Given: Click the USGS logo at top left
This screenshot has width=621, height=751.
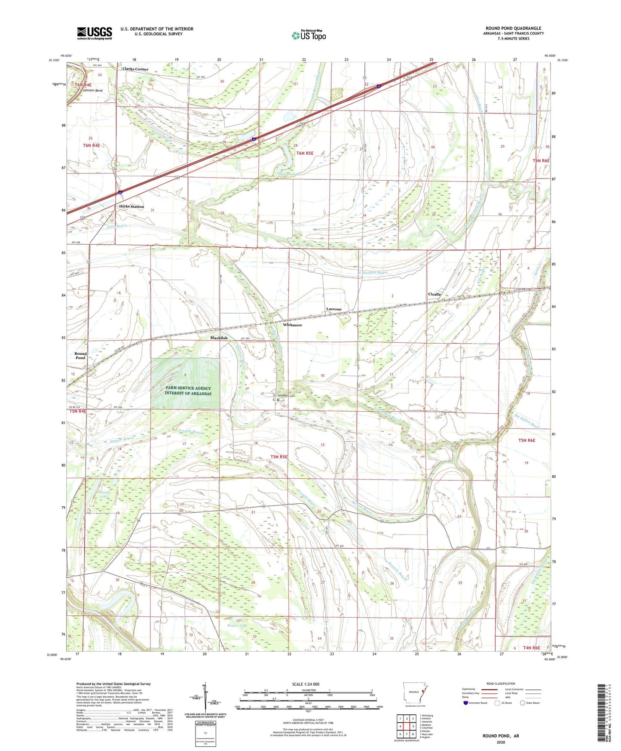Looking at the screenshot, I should (95, 33).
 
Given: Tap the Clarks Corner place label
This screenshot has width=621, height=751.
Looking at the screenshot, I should (135, 69).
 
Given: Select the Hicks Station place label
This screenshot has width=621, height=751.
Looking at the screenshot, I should (132, 206).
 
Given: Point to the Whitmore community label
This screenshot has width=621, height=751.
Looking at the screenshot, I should (292, 325).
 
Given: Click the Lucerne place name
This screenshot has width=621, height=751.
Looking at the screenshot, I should (333, 309).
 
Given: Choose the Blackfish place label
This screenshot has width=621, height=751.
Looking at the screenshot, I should (219, 338).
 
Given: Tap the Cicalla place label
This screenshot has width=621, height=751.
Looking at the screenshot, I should (434, 294).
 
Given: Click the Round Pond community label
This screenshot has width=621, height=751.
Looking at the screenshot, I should (80, 356).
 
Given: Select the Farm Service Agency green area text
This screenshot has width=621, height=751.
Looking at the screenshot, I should (188, 391).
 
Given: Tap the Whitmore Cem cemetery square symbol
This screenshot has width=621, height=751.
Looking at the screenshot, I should (278, 400).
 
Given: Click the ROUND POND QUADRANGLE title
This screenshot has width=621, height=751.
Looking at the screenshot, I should (513, 28).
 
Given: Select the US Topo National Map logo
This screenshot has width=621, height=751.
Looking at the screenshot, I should (309, 35).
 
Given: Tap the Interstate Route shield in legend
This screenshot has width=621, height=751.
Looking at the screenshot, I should (466, 703).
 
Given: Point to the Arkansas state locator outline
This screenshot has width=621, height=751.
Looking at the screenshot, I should (414, 693).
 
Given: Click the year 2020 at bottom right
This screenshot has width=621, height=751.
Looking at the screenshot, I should (501, 742).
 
